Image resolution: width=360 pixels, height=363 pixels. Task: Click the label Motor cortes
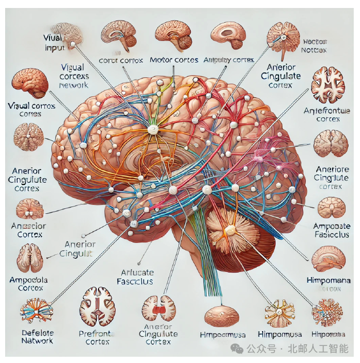coord(174,60)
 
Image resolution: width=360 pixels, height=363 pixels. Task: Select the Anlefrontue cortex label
coord(330,115)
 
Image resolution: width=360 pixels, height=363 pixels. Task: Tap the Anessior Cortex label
coord(27,229)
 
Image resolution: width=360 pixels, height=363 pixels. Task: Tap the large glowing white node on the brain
coord(153,130)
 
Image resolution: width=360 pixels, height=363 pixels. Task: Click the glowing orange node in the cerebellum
coord(230,230)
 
